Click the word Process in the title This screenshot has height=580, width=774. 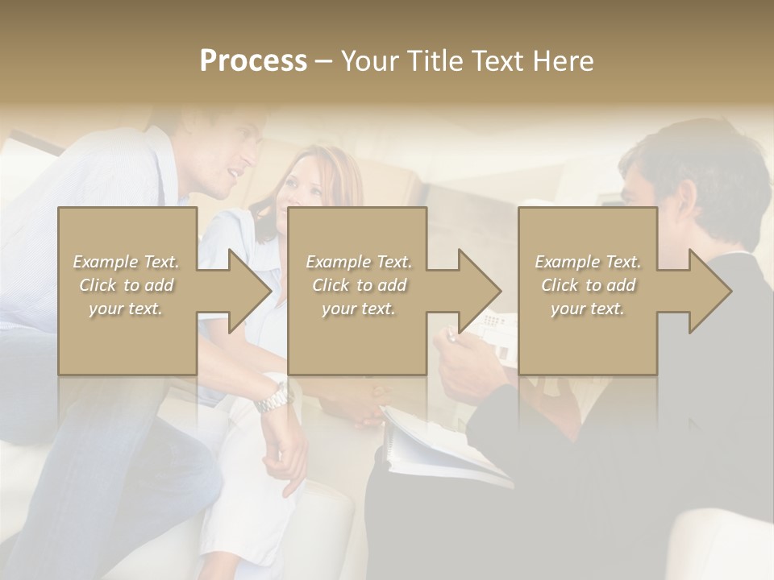(x=253, y=61)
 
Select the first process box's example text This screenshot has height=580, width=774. (x=126, y=285)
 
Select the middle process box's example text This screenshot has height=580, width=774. (x=358, y=285)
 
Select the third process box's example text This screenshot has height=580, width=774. (x=588, y=285)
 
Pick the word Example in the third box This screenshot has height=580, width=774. (x=563, y=262)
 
